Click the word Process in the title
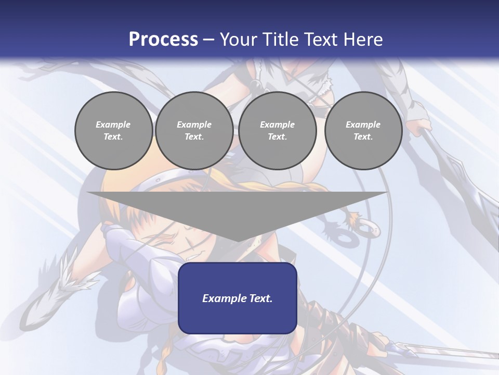[163, 39]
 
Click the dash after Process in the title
[209, 40]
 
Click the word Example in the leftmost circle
[113, 124]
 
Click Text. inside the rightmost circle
[363, 136]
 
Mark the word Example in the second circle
[194, 124]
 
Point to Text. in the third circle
[277, 136]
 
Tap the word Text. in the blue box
[260, 298]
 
